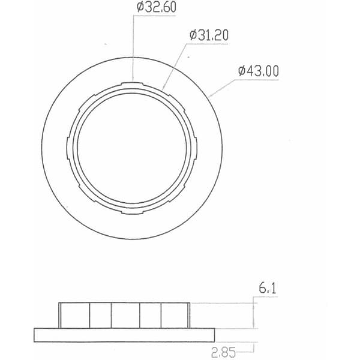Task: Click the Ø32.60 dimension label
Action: pyautogui.click(x=157, y=7)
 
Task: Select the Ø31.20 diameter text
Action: pyautogui.click(x=209, y=35)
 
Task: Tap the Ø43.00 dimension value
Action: pyautogui.click(x=259, y=71)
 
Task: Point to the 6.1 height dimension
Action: pyautogui.click(x=268, y=288)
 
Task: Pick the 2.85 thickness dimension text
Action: pyautogui.click(x=223, y=353)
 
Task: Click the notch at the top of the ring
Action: pyautogui.click(x=132, y=83)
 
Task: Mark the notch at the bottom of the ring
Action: pyautogui.click(x=132, y=212)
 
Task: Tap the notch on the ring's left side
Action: pyautogui.click(x=68, y=148)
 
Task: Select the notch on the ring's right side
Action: pyautogui.click(x=196, y=148)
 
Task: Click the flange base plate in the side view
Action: pyautogui.click(x=124, y=335)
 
